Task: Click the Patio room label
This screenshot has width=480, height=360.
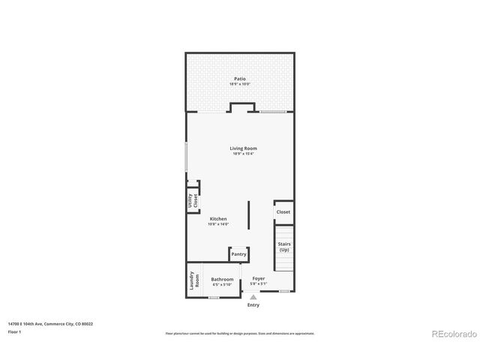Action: [x=239, y=79]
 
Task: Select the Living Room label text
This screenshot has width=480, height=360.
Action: [x=243, y=148]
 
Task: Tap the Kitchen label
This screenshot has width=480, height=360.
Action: [x=218, y=219]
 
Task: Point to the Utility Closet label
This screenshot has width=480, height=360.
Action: [x=193, y=200]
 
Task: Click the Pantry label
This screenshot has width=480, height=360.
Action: [x=238, y=254]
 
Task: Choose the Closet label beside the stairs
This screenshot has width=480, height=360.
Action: [x=283, y=212]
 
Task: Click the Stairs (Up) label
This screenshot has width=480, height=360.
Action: [x=283, y=247]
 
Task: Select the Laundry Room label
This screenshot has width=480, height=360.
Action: [x=193, y=282]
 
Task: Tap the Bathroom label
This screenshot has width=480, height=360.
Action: [x=222, y=278]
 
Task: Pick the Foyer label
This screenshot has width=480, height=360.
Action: [x=258, y=278]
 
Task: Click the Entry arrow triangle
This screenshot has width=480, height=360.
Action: [x=253, y=297]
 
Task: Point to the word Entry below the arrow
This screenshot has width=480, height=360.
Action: [x=253, y=304]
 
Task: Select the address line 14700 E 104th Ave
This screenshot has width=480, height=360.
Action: [x=50, y=324]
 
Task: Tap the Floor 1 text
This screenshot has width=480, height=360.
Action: [x=14, y=331]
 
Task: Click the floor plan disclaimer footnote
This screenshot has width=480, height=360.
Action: [x=239, y=333]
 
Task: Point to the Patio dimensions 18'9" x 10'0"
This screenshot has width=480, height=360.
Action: [x=239, y=84]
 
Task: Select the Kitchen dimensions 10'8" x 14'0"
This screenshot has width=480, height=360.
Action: [x=218, y=224]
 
